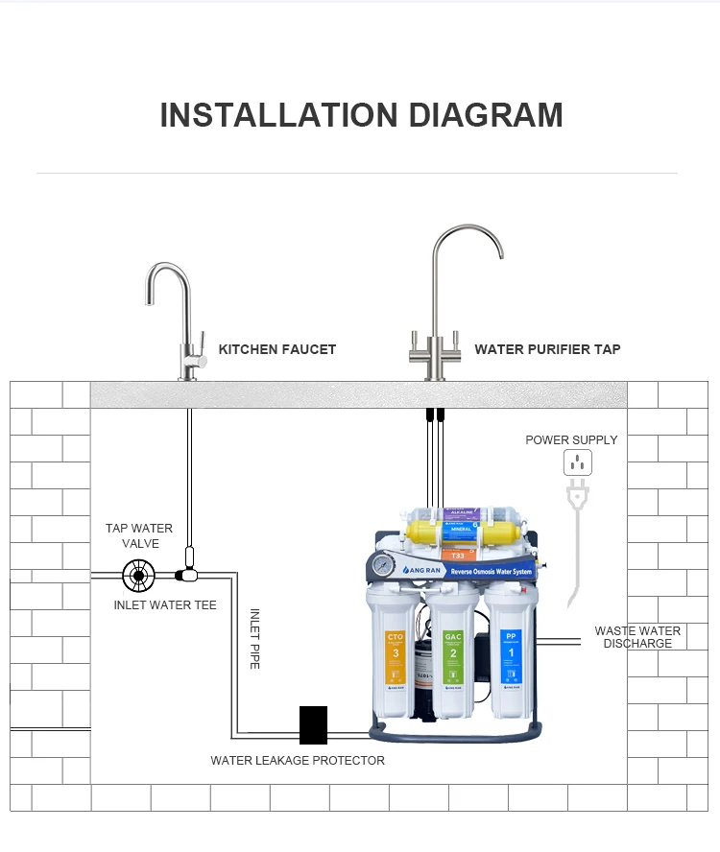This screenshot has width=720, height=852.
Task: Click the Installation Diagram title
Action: coord(361,114)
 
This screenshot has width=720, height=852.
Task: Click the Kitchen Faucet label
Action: coord(277,349)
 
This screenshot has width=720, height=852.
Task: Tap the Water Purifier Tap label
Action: coord(547,349)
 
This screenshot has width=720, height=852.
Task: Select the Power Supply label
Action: coord(571,440)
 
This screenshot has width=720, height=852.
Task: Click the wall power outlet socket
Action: coord(577,462)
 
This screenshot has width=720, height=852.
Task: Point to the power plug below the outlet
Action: coord(578,495)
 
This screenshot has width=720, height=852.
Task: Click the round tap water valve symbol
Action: coord(139,576)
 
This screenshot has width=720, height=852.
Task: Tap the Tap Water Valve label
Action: coord(139,535)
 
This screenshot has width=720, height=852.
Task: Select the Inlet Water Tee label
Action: coord(165,605)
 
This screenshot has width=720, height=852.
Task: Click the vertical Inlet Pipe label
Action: coord(255,638)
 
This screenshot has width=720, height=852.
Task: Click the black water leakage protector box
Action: coord(313,725)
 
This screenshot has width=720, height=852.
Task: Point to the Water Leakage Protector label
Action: coord(298,761)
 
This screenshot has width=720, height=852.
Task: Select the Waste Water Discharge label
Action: coord(637,637)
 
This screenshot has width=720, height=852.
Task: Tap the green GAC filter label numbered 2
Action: coord(453,649)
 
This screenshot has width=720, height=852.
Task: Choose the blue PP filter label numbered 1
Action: coord(511,649)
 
